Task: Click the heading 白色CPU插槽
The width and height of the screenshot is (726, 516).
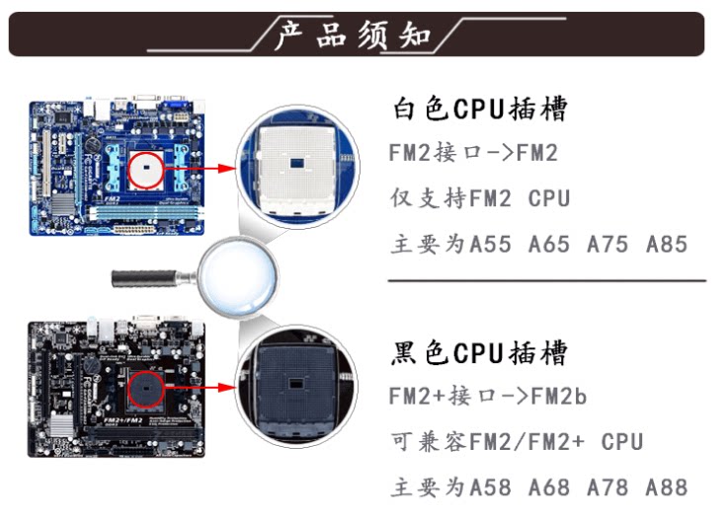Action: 480,109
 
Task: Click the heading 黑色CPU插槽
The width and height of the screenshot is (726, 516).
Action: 480,352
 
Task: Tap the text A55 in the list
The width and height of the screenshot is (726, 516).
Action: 490,244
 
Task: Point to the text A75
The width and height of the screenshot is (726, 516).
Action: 607,244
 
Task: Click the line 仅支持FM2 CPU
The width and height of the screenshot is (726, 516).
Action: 480,198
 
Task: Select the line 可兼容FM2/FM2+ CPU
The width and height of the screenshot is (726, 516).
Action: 516,441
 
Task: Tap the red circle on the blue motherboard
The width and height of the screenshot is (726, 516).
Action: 147,169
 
